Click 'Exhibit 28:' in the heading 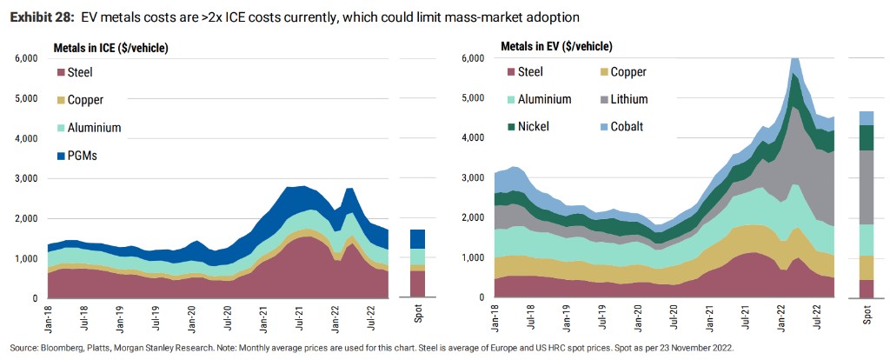pos(41,17)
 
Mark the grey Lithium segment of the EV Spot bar pos(866,187)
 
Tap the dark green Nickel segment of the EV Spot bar pos(866,137)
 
